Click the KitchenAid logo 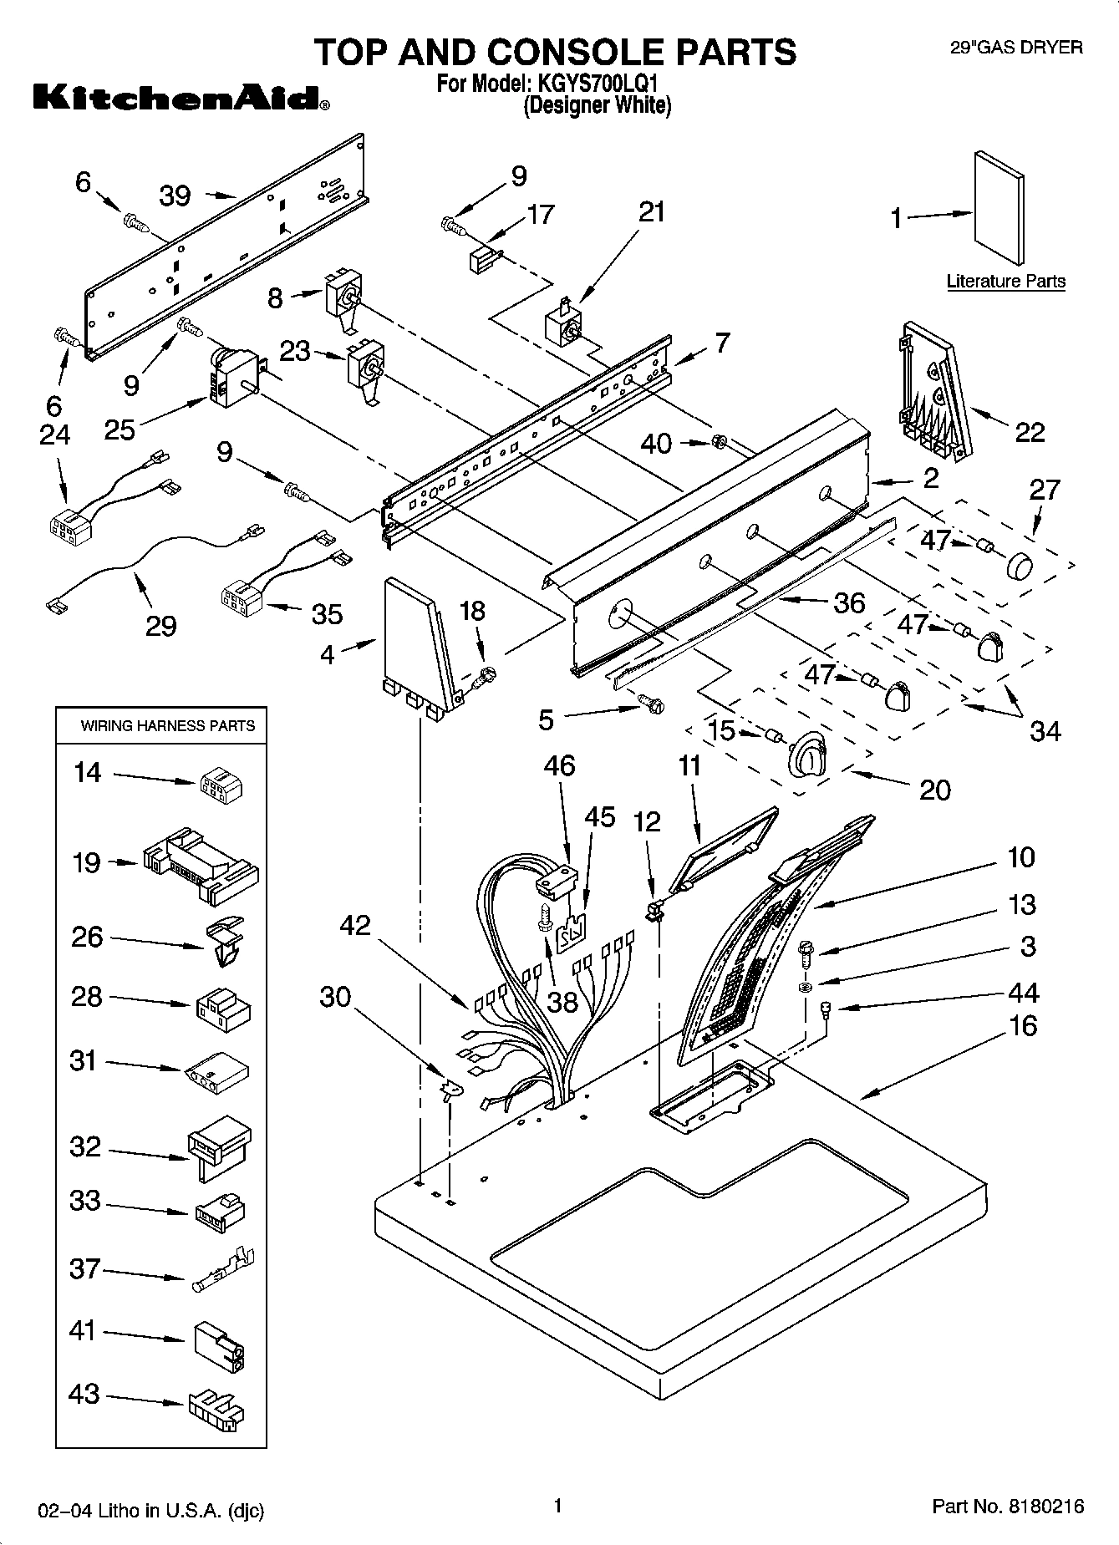pos(181,99)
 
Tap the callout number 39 pos(175,196)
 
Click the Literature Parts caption pos(1005,282)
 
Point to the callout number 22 pos(1030,432)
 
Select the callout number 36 pos(849,602)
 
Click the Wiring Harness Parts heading pos(167,726)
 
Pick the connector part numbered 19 pos(201,866)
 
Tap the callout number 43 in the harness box pos(84,1394)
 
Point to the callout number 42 pos(355,925)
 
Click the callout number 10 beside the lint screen pos(1020,857)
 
